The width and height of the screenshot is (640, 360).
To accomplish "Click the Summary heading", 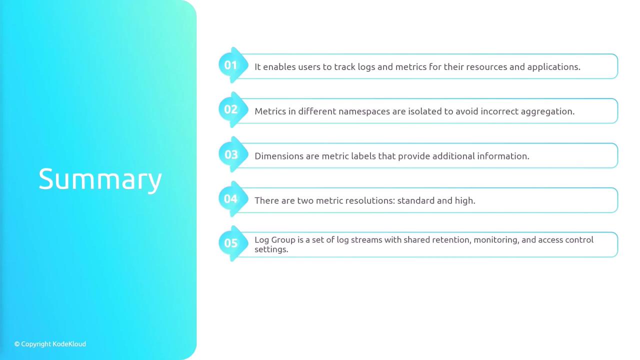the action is (100, 179).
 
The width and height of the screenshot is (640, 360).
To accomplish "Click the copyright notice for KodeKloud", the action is (50, 344).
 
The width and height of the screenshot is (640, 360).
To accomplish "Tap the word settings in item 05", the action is (271, 249).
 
